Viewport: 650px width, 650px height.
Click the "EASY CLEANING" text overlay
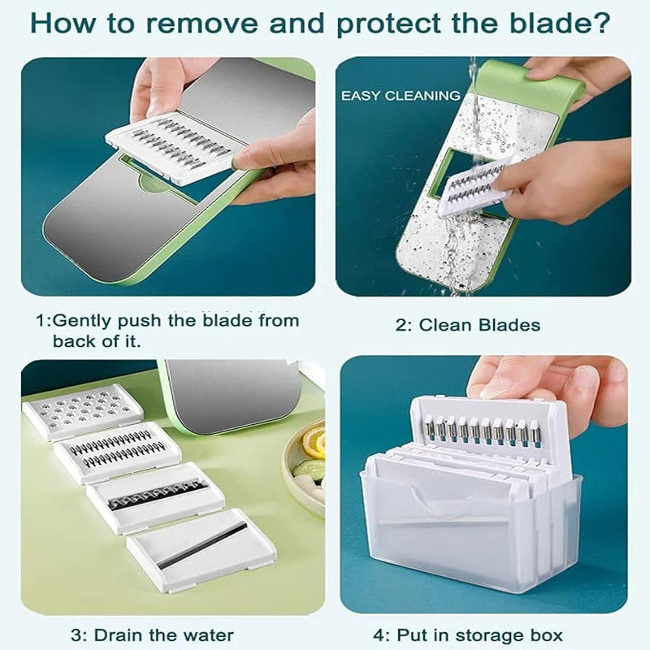(400, 96)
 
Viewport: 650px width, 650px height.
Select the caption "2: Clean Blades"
(467, 325)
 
